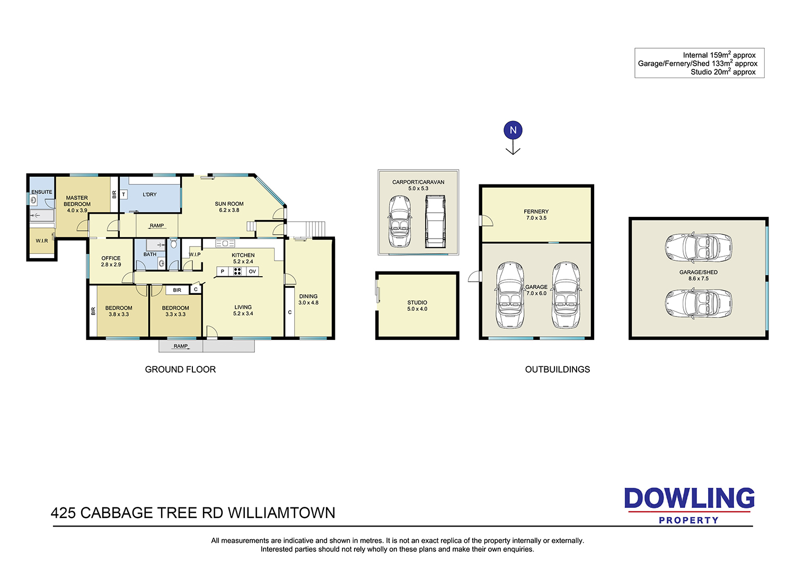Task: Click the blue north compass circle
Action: tap(513, 130)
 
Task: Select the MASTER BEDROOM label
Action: tap(77, 201)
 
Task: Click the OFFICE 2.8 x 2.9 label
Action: tap(111, 261)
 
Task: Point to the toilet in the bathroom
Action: tap(173, 243)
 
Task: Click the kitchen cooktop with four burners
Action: tap(237, 271)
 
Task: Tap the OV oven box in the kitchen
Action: tap(252, 271)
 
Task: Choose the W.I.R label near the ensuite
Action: tap(41, 241)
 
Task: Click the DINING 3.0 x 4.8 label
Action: tap(308, 299)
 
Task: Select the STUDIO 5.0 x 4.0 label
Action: tap(417, 306)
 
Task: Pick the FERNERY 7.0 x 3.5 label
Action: tap(536, 214)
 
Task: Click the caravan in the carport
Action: tap(436, 221)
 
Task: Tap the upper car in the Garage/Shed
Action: tap(698, 248)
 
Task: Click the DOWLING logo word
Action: tap(689, 498)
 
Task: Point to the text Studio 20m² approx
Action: tap(723, 72)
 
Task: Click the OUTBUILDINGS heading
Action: tap(557, 369)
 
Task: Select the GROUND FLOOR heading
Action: tap(180, 369)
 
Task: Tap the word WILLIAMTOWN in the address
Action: tap(281, 513)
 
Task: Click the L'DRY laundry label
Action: tap(149, 195)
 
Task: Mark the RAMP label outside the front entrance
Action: tap(181, 346)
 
